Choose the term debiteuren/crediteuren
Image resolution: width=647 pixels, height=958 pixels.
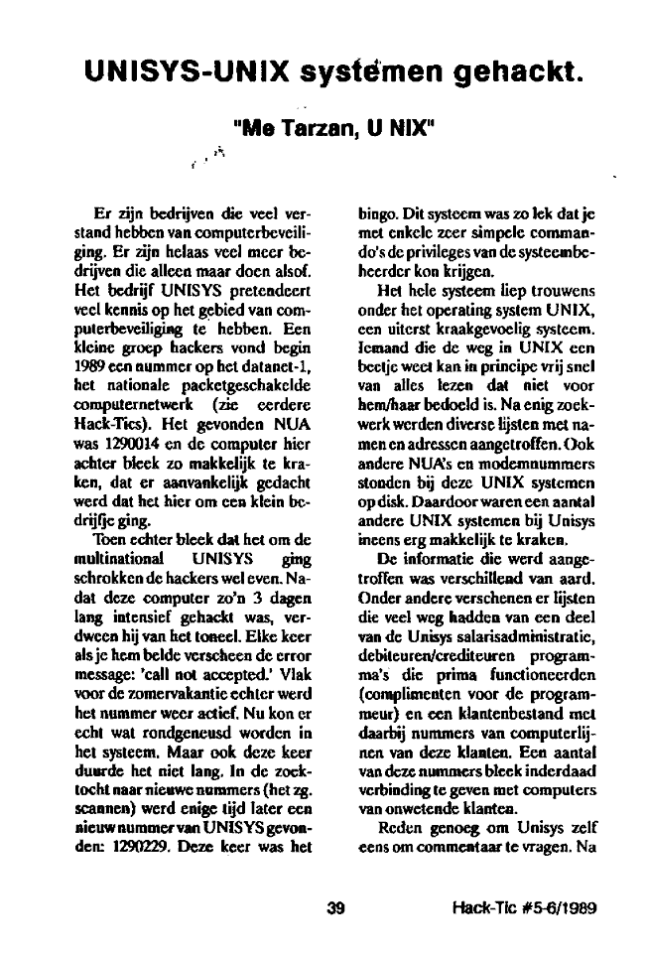click(x=435, y=644)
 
